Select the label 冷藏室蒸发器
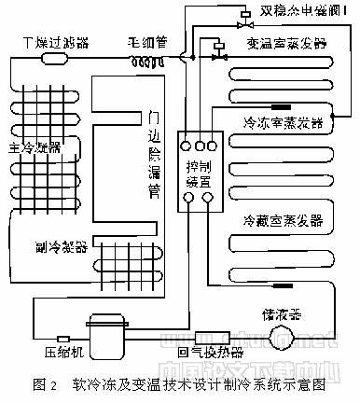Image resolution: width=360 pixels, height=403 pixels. click(283, 220)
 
